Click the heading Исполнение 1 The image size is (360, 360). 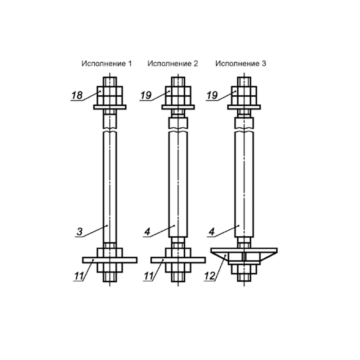click(107, 63)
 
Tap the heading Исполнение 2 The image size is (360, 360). click(173, 63)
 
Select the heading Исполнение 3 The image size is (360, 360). click(240, 63)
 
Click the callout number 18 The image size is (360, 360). click(77, 95)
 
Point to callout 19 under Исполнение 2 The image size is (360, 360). click(146, 95)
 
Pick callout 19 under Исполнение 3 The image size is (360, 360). click(212, 95)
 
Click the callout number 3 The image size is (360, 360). click(80, 231)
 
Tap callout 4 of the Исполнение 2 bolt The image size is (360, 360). click(147, 231)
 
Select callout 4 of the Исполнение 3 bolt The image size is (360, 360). click(212, 231)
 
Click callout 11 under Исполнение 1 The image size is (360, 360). click(79, 276)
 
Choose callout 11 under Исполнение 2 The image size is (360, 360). click(149, 276)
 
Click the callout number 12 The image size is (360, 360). click(210, 276)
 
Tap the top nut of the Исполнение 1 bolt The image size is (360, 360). click(110, 95)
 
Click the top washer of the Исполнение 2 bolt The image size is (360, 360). click(178, 107)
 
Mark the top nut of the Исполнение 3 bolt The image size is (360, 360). click(244, 95)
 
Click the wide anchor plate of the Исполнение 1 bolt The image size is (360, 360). click(110, 260)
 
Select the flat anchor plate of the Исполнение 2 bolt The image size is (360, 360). click(178, 260)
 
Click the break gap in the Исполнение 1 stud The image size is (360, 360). click(110, 130)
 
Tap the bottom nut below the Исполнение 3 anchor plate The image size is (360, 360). click(244, 269)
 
